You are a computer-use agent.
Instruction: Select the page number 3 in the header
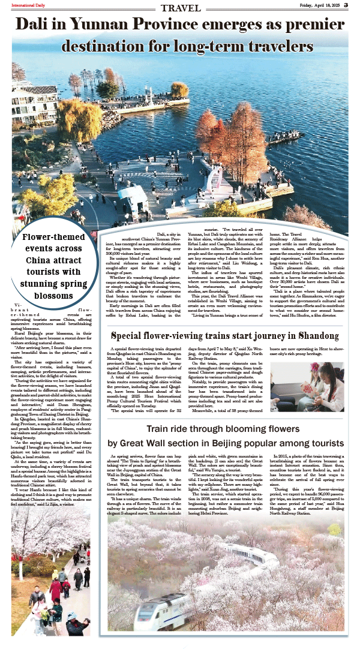(x=354, y=5)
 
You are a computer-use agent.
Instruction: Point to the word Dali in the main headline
(x=32, y=25)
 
